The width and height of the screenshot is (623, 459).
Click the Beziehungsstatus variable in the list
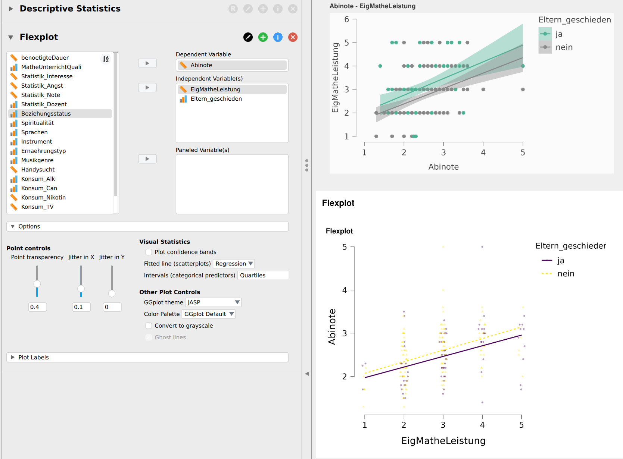[46, 114]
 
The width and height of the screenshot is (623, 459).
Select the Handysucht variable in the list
[38, 170]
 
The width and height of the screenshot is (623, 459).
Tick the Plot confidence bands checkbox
[149, 252]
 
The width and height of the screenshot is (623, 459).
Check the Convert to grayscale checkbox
[149, 326]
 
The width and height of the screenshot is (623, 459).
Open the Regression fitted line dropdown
[234, 264]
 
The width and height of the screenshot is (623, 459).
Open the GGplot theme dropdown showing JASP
[213, 302]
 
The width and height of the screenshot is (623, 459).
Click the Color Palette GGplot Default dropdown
[209, 314]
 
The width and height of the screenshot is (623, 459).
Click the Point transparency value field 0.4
[37, 307]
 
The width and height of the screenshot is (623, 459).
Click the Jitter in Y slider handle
[112, 293]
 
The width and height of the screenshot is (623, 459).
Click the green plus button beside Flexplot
[263, 37]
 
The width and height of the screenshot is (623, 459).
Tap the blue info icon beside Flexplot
[278, 37]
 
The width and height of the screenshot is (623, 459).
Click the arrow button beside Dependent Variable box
[147, 63]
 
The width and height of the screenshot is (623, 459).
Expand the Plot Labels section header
[34, 357]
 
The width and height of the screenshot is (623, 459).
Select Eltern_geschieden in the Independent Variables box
[216, 99]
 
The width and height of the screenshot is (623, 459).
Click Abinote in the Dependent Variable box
[201, 65]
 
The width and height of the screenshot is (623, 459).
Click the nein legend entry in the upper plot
[564, 47]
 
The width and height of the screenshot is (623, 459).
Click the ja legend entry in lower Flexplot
[561, 261]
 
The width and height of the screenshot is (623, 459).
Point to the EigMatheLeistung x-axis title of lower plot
[443, 441]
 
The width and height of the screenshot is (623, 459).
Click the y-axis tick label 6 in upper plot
[346, 19]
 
